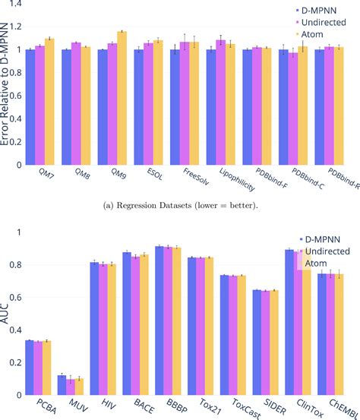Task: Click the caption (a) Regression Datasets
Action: [x=180, y=204]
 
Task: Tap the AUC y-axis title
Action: [x=6, y=309]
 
